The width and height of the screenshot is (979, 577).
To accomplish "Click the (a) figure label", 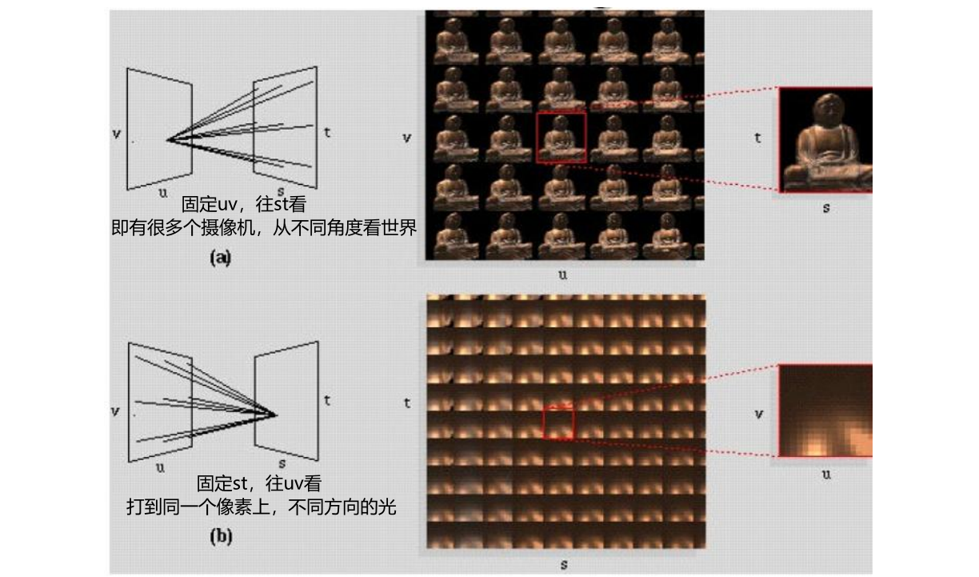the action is point(220,258).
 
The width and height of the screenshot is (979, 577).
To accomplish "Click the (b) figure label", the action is point(221,536).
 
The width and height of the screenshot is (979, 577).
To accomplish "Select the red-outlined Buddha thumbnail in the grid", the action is point(561,138).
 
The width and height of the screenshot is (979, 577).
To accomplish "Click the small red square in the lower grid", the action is point(558,423).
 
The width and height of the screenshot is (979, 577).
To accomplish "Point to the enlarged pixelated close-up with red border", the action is point(825,411).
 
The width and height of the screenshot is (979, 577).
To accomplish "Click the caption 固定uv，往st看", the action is point(244,204).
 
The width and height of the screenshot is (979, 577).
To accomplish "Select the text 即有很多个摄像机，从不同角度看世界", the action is point(264,227).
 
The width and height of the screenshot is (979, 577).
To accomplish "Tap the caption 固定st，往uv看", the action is point(259,483).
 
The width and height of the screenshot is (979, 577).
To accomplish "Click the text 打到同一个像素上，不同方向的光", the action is point(262,507).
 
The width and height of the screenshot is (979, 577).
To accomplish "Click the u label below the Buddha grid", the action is point(562,274).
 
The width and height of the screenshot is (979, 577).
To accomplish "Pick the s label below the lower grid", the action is point(564,565).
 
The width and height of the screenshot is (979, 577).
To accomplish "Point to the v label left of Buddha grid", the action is point(406,138).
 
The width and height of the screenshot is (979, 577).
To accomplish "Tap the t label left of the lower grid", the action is point(407,403).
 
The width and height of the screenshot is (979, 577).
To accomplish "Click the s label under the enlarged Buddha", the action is point(826,208).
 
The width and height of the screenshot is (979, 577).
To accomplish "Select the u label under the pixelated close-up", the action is point(826,475).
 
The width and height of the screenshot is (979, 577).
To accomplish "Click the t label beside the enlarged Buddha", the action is point(757,138).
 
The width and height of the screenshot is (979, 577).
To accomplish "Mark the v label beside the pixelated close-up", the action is point(759,414).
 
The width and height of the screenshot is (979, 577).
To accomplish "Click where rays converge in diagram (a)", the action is point(168,140).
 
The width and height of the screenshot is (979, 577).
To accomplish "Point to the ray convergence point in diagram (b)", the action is point(275,415).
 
